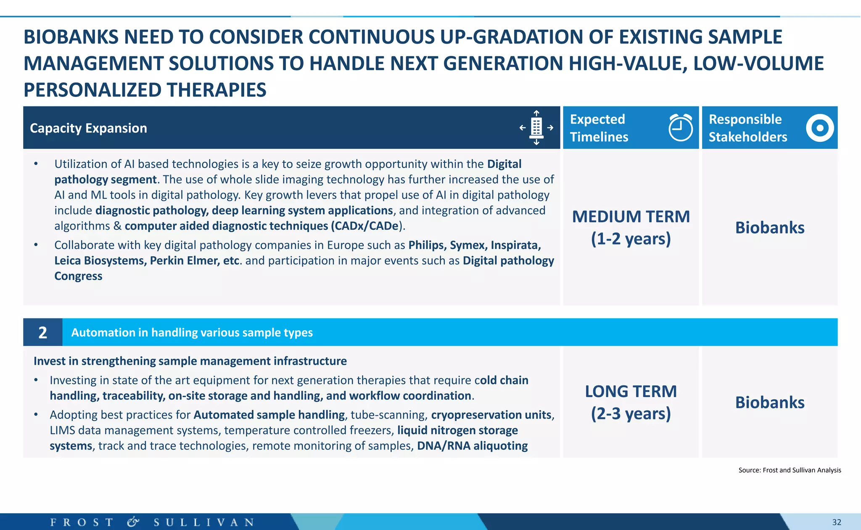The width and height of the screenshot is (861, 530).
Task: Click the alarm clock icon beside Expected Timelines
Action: coord(680,127)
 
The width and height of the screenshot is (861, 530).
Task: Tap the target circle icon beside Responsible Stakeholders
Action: coord(819,128)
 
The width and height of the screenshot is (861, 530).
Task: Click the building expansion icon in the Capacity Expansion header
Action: coord(536,127)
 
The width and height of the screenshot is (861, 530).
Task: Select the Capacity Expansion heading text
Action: coord(88,128)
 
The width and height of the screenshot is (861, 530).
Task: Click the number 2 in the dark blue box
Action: coord(42,332)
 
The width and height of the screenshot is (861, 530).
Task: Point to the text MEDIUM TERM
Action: coord(631,217)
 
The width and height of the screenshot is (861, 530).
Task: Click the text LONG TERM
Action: coord(631,392)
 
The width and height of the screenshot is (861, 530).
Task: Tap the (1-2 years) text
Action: coord(631,239)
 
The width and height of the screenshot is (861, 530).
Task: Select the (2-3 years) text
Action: coord(631,414)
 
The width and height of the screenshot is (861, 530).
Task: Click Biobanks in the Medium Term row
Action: coord(769,228)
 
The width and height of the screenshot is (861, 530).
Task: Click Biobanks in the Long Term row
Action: coord(769,403)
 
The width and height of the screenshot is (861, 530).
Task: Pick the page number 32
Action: coord(837,522)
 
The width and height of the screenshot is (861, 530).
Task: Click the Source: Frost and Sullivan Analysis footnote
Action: coord(790,470)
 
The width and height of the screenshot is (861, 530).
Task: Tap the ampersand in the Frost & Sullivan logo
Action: coord(133,522)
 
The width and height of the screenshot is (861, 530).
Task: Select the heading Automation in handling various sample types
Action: coord(192,332)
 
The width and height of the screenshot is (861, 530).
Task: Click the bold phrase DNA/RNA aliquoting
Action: coord(472,446)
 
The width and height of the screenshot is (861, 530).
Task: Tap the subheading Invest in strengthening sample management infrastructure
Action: coord(190,361)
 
